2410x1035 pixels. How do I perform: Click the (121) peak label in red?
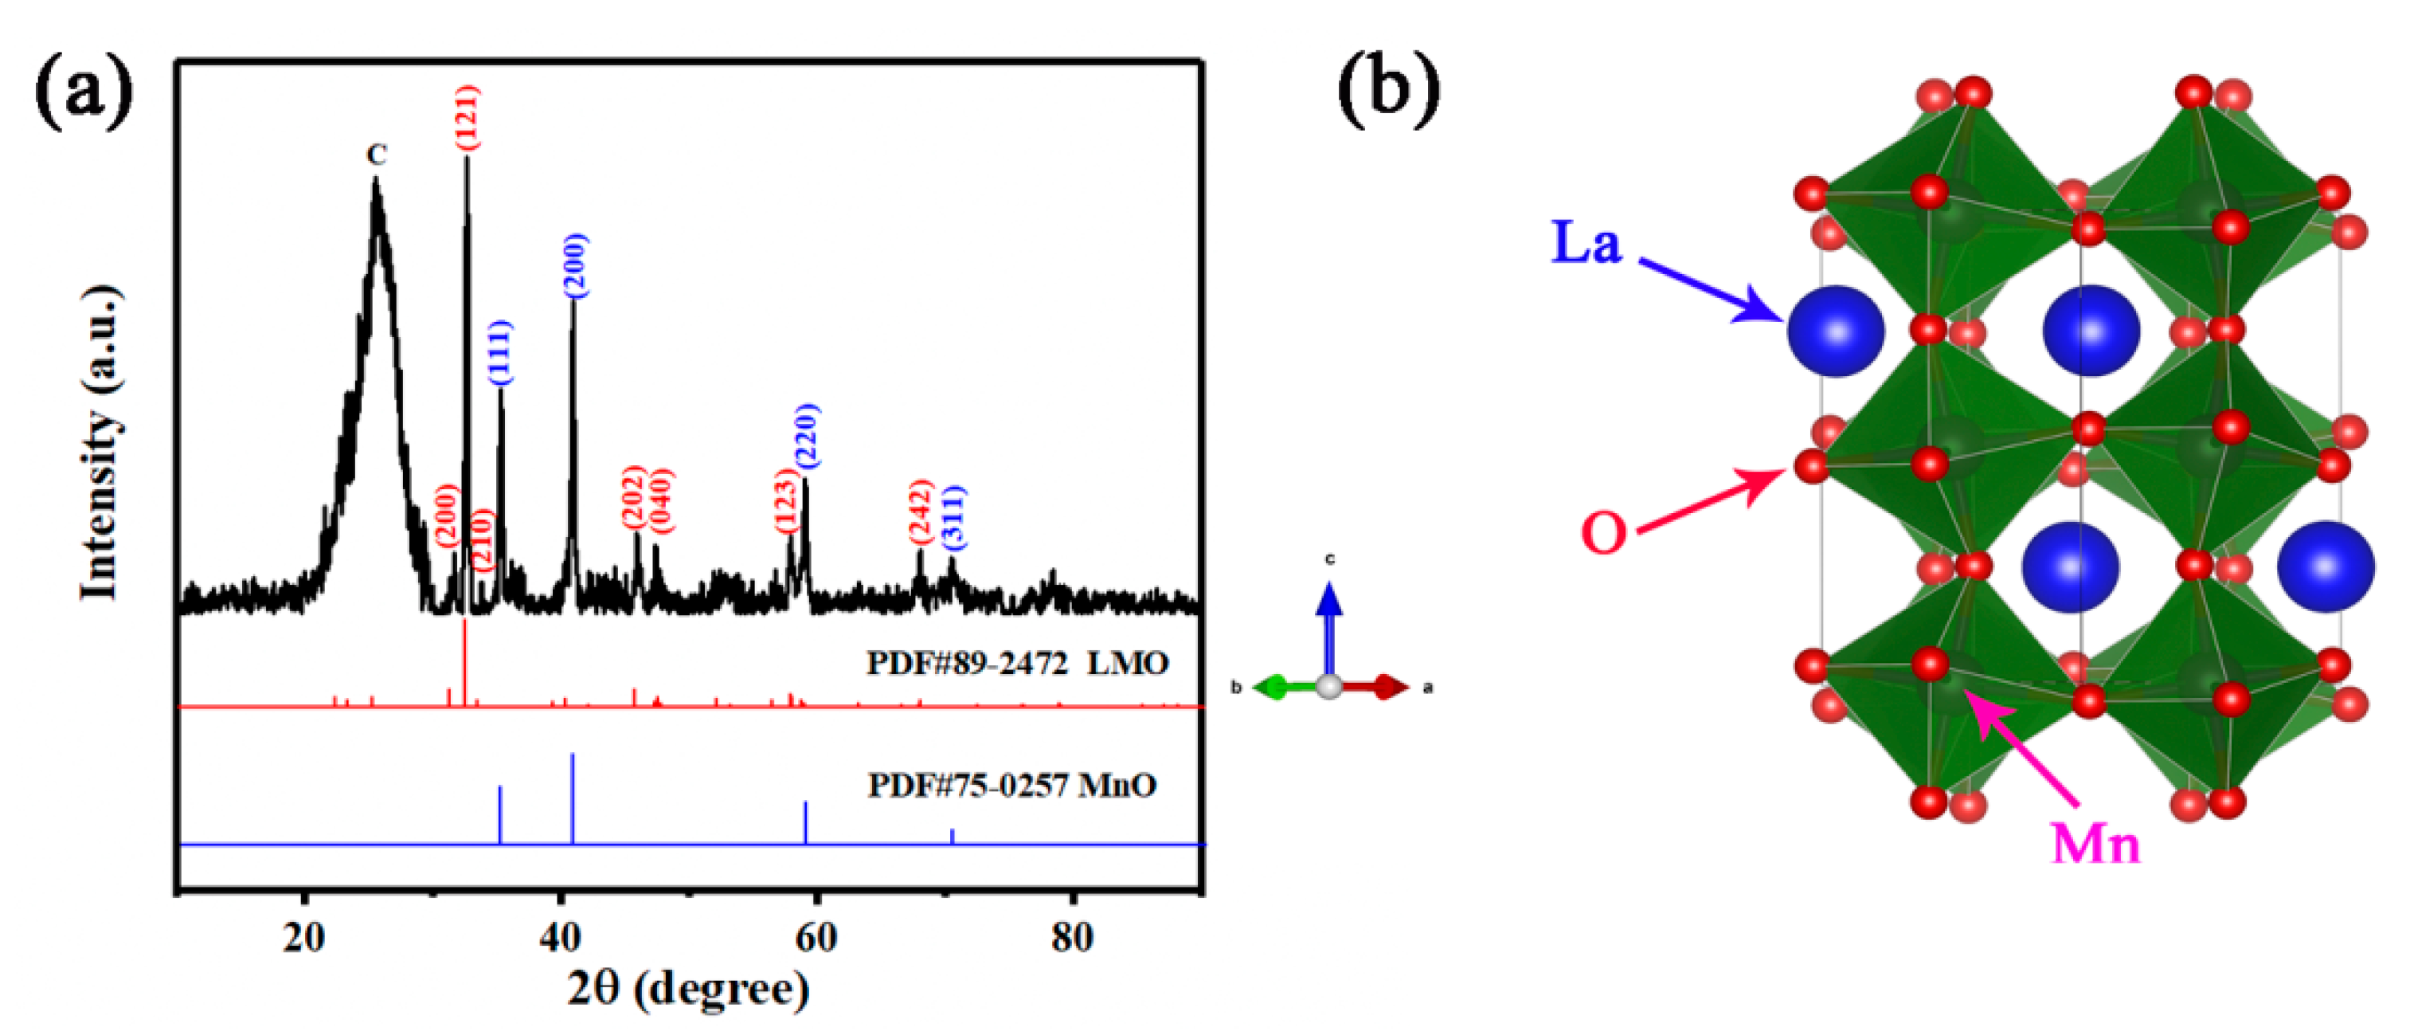pos(467,117)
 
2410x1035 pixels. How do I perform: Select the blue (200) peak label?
pos(575,267)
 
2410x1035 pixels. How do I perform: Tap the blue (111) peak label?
pos(500,352)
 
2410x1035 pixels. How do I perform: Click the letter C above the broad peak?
pos(376,155)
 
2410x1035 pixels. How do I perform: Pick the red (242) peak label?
pos(921,511)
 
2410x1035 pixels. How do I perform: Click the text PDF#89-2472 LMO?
pos(1018,664)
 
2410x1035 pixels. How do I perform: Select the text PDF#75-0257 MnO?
pos(1012,784)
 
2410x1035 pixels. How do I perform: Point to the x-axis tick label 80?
pos(1072,936)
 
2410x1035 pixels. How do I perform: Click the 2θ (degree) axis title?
pos(689,988)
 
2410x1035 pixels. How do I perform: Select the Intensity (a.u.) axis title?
pos(101,441)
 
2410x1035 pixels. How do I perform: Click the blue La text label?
pos(1586,242)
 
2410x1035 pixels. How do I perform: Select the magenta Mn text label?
pos(2095,843)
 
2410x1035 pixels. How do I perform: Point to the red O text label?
pos(1603,533)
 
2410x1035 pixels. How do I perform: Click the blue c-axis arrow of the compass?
pos(1328,622)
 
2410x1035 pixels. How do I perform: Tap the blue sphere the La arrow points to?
pos(1836,331)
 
